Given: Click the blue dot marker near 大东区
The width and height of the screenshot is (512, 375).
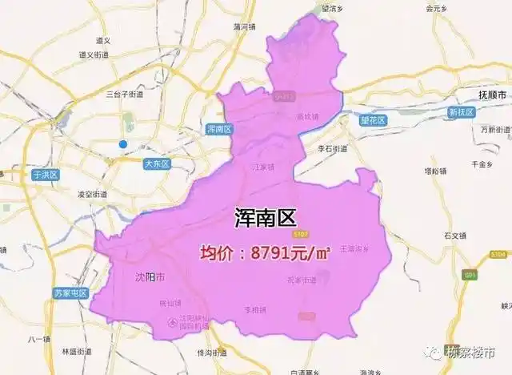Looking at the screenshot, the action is pyautogui.click(x=122, y=144).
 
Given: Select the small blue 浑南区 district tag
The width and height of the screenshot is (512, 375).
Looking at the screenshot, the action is pyautogui.click(x=218, y=129).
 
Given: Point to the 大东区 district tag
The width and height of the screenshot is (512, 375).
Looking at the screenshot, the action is pyautogui.click(x=157, y=164).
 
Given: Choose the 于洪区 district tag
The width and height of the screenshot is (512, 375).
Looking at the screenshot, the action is pyautogui.click(x=46, y=174).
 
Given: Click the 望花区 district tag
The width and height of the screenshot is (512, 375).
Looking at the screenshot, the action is pyautogui.click(x=372, y=120).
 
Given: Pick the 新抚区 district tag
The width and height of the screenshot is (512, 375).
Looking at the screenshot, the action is pyautogui.click(x=462, y=112).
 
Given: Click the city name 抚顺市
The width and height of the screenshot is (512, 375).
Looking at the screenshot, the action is pyautogui.click(x=493, y=93).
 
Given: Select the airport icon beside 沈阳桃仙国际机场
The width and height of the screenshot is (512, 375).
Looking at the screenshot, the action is pyautogui.click(x=170, y=322).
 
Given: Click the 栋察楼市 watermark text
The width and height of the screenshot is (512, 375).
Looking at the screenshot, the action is pyautogui.click(x=471, y=353).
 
